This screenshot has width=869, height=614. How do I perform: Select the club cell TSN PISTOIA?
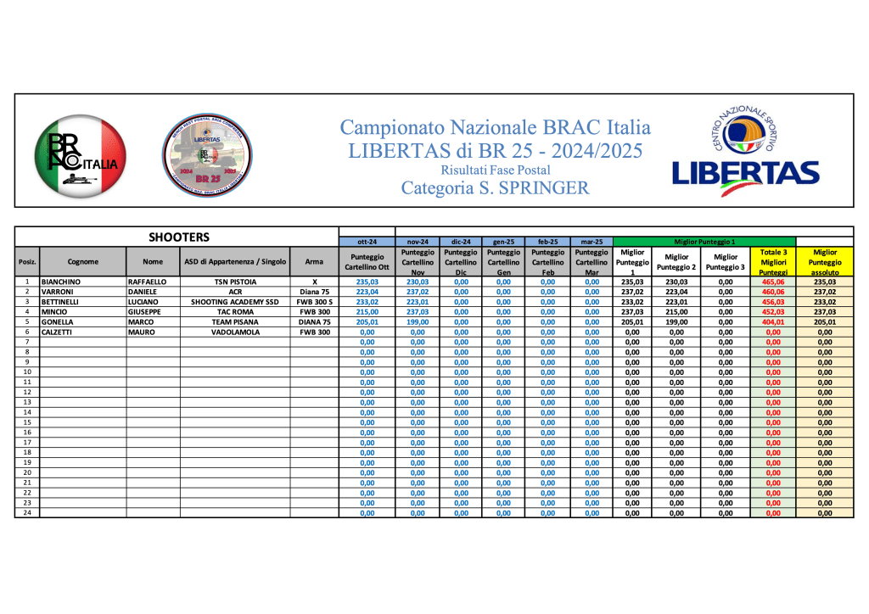234,282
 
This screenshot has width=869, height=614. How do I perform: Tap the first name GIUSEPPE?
145,311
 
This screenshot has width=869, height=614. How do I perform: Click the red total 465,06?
773,282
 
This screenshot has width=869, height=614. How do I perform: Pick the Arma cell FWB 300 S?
314,301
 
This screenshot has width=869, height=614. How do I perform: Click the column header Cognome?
83,262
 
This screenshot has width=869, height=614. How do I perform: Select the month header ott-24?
367,242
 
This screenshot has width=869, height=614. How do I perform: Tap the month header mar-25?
591,242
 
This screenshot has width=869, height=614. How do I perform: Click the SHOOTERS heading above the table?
178,237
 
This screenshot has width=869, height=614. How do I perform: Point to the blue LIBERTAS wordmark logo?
745,173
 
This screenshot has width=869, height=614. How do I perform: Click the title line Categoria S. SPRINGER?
495,188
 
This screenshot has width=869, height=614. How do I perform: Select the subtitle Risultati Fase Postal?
495,170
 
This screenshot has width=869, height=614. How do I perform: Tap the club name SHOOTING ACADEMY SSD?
234,301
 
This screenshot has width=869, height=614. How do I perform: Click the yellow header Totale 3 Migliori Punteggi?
773,262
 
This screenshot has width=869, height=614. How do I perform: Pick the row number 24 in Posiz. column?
27,512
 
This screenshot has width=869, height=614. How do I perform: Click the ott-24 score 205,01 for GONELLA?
367,321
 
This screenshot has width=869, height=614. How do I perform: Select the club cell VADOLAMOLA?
234,332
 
